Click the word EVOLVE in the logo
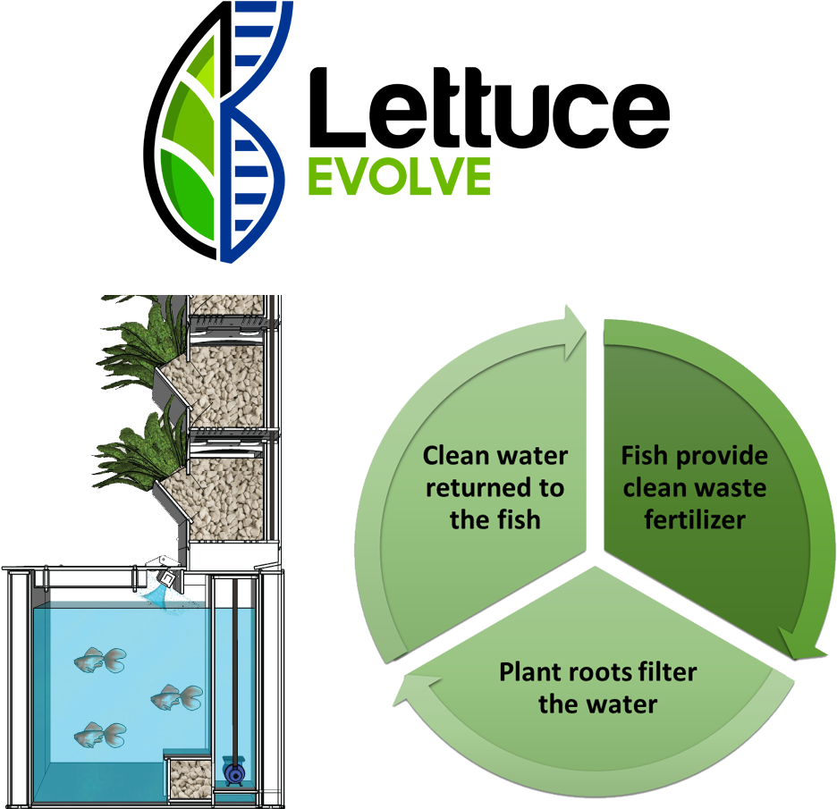pos(399,176)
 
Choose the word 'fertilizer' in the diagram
pos(695,520)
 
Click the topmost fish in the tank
pos(99,662)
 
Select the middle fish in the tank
pos(176,695)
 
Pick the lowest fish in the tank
pos(99,735)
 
